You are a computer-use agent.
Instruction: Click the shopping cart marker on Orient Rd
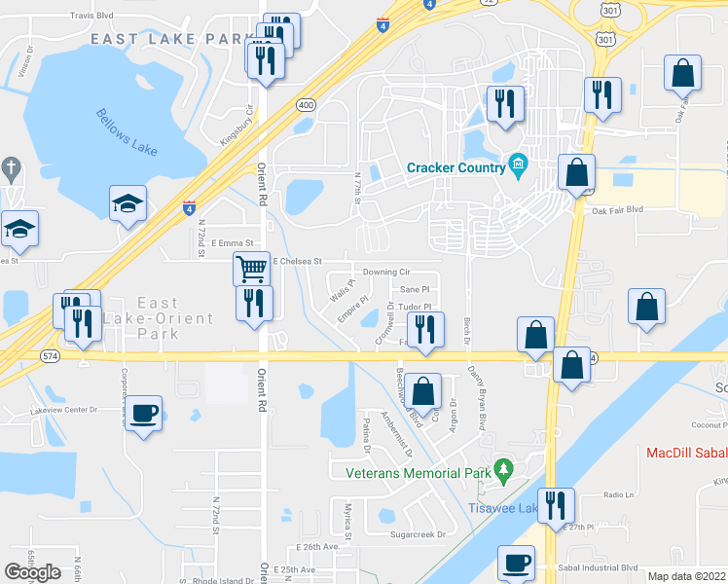click(252, 267)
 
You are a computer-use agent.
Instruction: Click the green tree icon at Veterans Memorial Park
click(503, 472)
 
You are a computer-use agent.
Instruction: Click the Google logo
click(33, 571)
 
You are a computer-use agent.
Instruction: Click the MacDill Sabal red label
click(687, 454)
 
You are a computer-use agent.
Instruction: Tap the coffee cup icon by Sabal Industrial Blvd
click(516, 562)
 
